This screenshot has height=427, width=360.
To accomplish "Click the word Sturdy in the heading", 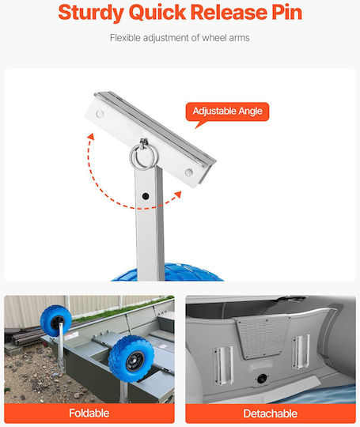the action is tap(91, 13).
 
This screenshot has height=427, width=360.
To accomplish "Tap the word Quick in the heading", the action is tap(157, 13).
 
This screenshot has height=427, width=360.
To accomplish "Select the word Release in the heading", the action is tap(229, 12).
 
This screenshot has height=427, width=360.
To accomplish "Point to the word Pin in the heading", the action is tap(287, 12).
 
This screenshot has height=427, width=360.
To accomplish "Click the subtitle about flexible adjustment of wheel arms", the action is tap(180, 38).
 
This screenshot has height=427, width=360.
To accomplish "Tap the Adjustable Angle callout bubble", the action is tap(227, 111).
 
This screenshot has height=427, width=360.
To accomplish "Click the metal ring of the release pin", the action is tap(142, 157).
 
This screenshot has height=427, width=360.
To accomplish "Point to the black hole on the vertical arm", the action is tap(146, 196).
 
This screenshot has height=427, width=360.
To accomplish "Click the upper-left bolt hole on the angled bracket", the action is tap(100, 114).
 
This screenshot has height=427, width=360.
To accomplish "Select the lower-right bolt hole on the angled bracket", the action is tap(188, 172).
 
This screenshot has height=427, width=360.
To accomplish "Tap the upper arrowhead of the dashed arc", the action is tap(91, 136).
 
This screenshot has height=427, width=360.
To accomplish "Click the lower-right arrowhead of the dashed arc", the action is tap(178, 195).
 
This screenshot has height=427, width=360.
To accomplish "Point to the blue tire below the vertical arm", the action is tap(167, 272).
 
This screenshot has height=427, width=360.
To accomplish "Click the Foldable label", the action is tap(89, 413).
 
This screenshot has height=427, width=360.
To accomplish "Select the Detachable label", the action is tap(271, 414).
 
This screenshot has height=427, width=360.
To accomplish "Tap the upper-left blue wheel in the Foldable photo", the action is tap(56, 321).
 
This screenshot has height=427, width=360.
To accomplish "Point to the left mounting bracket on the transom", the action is tap(223, 366).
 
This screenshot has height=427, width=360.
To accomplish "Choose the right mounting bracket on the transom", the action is tap(301, 351).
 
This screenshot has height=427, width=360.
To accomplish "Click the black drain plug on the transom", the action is tap(262, 379).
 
